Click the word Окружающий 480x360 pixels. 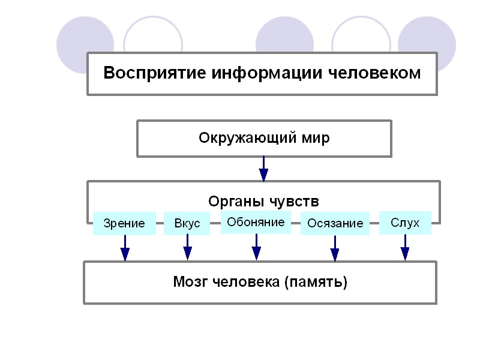(x=247, y=138)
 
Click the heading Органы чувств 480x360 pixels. (x=263, y=200)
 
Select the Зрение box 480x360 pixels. (x=124, y=223)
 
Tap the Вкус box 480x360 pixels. (x=187, y=223)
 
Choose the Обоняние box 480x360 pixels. (x=256, y=221)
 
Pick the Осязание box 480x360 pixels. (x=335, y=223)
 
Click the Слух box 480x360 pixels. (x=405, y=223)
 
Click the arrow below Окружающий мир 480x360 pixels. (x=263, y=169)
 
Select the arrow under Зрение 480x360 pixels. (x=125, y=247)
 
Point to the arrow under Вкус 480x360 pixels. (x=187, y=247)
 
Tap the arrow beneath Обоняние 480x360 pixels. (x=256, y=247)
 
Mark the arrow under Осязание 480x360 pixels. (x=335, y=248)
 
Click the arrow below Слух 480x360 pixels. (x=405, y=247)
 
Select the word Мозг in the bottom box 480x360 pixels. (x=190, y=281)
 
